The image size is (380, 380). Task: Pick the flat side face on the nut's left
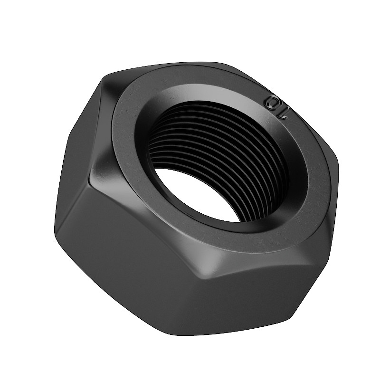pyautogui.click(x=77, y=155)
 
